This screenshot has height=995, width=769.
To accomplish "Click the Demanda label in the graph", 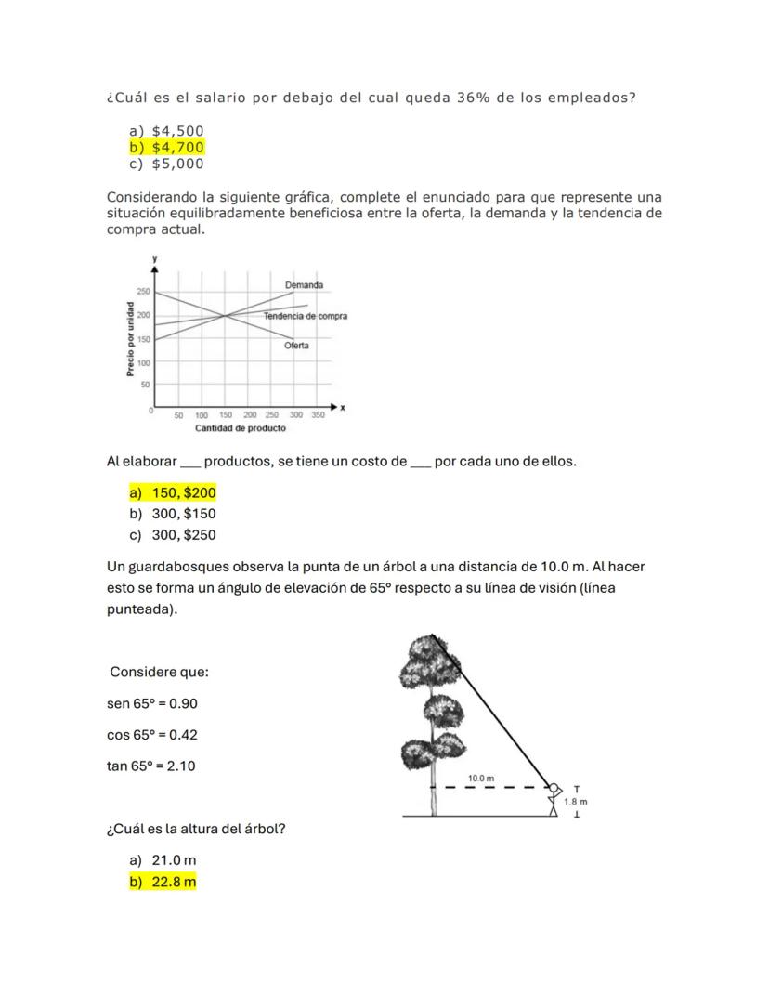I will coord(304,284).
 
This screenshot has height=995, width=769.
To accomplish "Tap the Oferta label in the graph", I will coord(296,346).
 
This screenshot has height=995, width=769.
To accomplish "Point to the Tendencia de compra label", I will coord(305,316).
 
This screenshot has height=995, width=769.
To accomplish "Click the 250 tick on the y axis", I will coord(143,292).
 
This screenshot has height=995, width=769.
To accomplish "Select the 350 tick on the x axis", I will coord(318,415).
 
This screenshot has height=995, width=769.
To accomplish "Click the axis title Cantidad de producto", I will coord(240,428).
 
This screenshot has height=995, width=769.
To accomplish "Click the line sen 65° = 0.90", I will coord(152,703).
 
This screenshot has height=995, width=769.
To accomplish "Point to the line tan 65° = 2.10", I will coord(151,766).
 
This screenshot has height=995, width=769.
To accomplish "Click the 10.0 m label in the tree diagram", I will coord(481,779).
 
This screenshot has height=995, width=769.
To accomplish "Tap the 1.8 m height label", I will coord(576,801).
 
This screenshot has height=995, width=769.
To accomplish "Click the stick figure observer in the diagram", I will coord(555,800).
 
